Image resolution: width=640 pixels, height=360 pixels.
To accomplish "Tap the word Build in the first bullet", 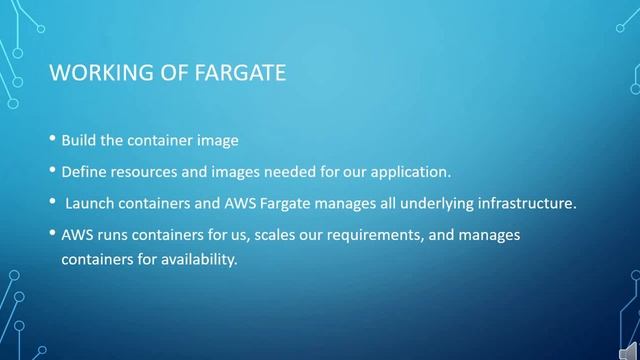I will coord(79,140).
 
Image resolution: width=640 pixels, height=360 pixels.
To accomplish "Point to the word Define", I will coord(84,171).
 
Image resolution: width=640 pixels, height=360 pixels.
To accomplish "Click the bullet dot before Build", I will coord(52,140).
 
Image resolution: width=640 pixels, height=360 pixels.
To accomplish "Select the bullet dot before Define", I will coord(52,171).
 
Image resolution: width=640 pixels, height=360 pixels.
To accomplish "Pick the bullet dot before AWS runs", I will coord(52,235).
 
